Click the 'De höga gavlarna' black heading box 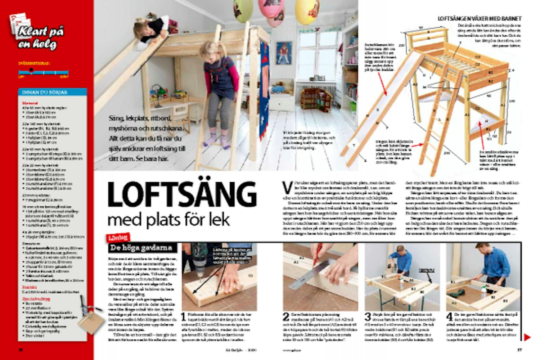(142, 248)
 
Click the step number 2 (286, 317)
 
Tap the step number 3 (368, 317)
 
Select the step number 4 (450, 317)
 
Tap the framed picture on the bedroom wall (284, 53)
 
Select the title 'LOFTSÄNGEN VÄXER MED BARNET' (479, 18)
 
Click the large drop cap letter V (287, 187)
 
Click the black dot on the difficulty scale (31, 70)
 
